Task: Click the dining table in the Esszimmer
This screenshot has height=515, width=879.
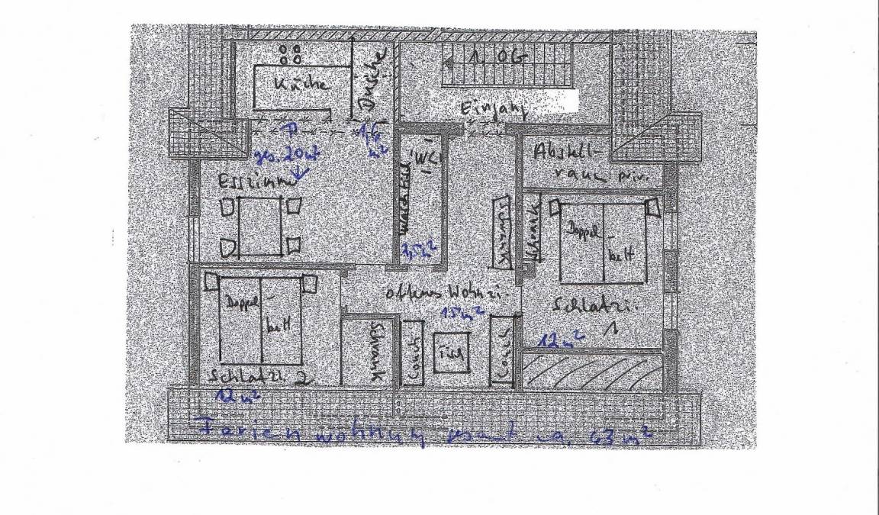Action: click(x=260, y=227)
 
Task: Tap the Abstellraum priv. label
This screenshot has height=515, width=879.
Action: click(x=586, y=163)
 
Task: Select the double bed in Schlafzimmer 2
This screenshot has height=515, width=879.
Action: click(x=261, y=320)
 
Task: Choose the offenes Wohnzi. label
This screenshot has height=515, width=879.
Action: click(x=432, y=293)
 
